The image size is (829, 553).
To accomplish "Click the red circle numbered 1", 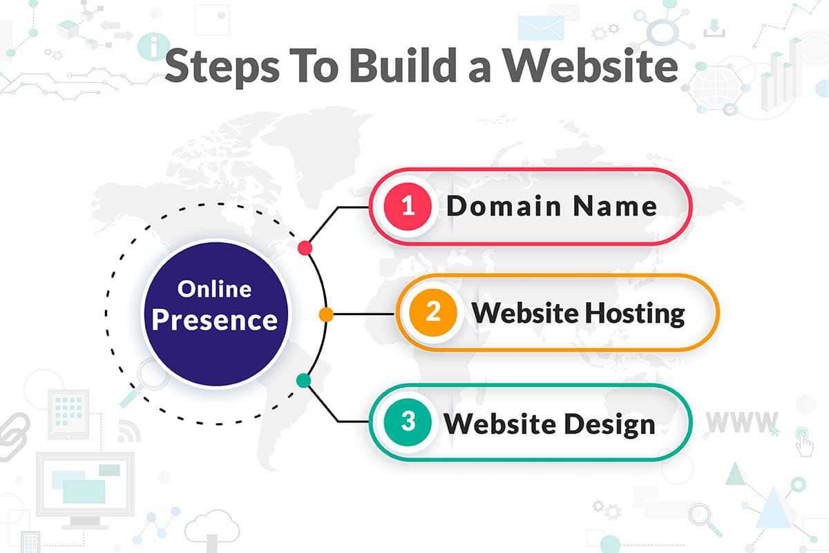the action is [x=408, y=206].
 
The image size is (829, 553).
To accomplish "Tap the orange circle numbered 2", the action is [x=433, y=312].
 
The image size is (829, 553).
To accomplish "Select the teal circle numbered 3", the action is [x=408, y=422].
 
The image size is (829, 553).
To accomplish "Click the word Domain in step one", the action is [x=504, y=205].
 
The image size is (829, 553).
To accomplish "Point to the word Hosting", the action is [x=635, y=315].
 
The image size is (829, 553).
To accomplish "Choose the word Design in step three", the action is [x=610, y=425].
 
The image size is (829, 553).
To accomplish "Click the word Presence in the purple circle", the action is [x=215, y=320].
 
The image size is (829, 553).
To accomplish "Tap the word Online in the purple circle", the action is [x=215, y=289].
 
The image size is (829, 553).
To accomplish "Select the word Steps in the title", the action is [x=222, y=68].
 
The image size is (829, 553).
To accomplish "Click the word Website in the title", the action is [x=591, y=65].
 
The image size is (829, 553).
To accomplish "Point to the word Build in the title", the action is [x=403, y=65].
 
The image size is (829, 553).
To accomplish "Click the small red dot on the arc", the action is [x=305, y=247].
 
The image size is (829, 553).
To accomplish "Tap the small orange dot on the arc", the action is [x=326, y=315].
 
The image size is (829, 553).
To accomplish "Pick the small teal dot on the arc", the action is [x=304, y=380].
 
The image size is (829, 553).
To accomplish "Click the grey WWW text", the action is [x=742, y=422].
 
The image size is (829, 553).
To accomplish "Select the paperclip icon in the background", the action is [x=14, y=437].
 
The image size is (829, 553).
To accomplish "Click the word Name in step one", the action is [x=615, y=206].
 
